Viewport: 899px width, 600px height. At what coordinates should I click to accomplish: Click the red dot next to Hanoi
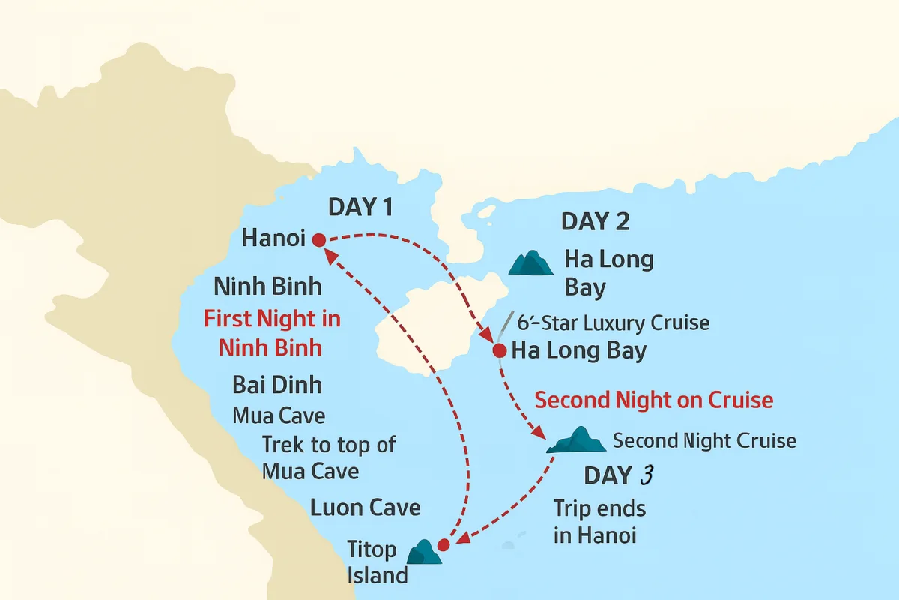click(x=318, y=240)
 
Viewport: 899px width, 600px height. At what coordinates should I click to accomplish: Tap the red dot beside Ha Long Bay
click(x=500, y=349)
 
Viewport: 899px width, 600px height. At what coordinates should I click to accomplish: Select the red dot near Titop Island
click(x=443, y=544)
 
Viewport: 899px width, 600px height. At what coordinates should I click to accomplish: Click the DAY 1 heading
click(x=360, y=208)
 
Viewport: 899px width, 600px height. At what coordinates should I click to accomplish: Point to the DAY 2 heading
click(x=595, y=221)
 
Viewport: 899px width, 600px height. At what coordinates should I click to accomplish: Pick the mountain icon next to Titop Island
click(x=424, y=553)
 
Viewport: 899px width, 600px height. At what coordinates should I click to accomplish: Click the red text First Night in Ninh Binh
click(x=272, y=332)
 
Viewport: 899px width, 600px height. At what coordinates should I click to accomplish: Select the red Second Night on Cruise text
click(x=654, y=400)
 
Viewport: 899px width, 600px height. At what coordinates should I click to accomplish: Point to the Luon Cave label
click(x=366, y=508)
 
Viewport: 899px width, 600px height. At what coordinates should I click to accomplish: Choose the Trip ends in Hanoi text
click(x=599, y=521)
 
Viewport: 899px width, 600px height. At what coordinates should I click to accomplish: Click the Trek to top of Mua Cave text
click(x=328, y=457)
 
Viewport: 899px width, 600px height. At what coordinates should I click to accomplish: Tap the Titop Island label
click(x=377, y=562)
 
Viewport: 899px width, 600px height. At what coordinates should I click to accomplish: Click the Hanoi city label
click(x=273, y=238)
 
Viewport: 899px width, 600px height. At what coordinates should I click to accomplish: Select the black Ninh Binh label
click(x=267, y=286)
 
